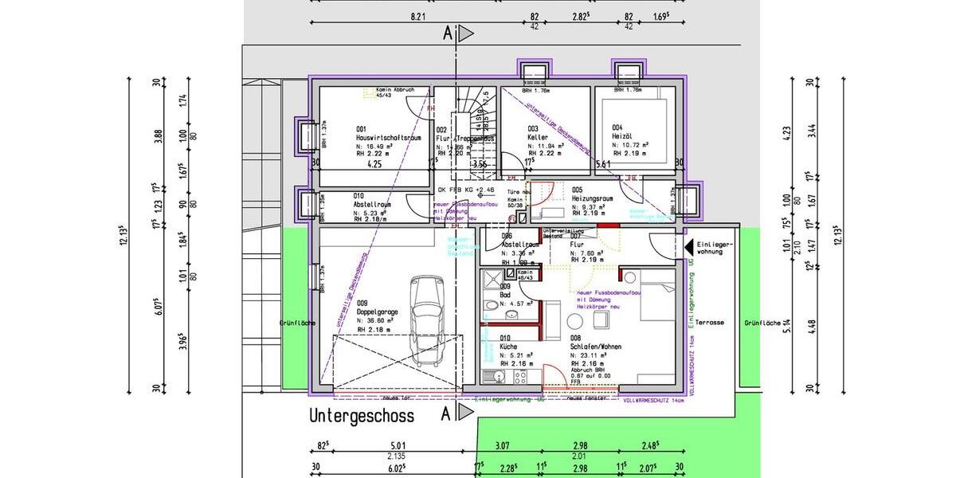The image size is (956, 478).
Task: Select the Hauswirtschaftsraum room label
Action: [389, 138]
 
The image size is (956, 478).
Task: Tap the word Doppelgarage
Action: [378, 312]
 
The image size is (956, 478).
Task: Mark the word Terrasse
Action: [709, 323]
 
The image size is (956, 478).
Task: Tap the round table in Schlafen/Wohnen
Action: [574, 321]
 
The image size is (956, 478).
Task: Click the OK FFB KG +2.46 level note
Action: [466, 190]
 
